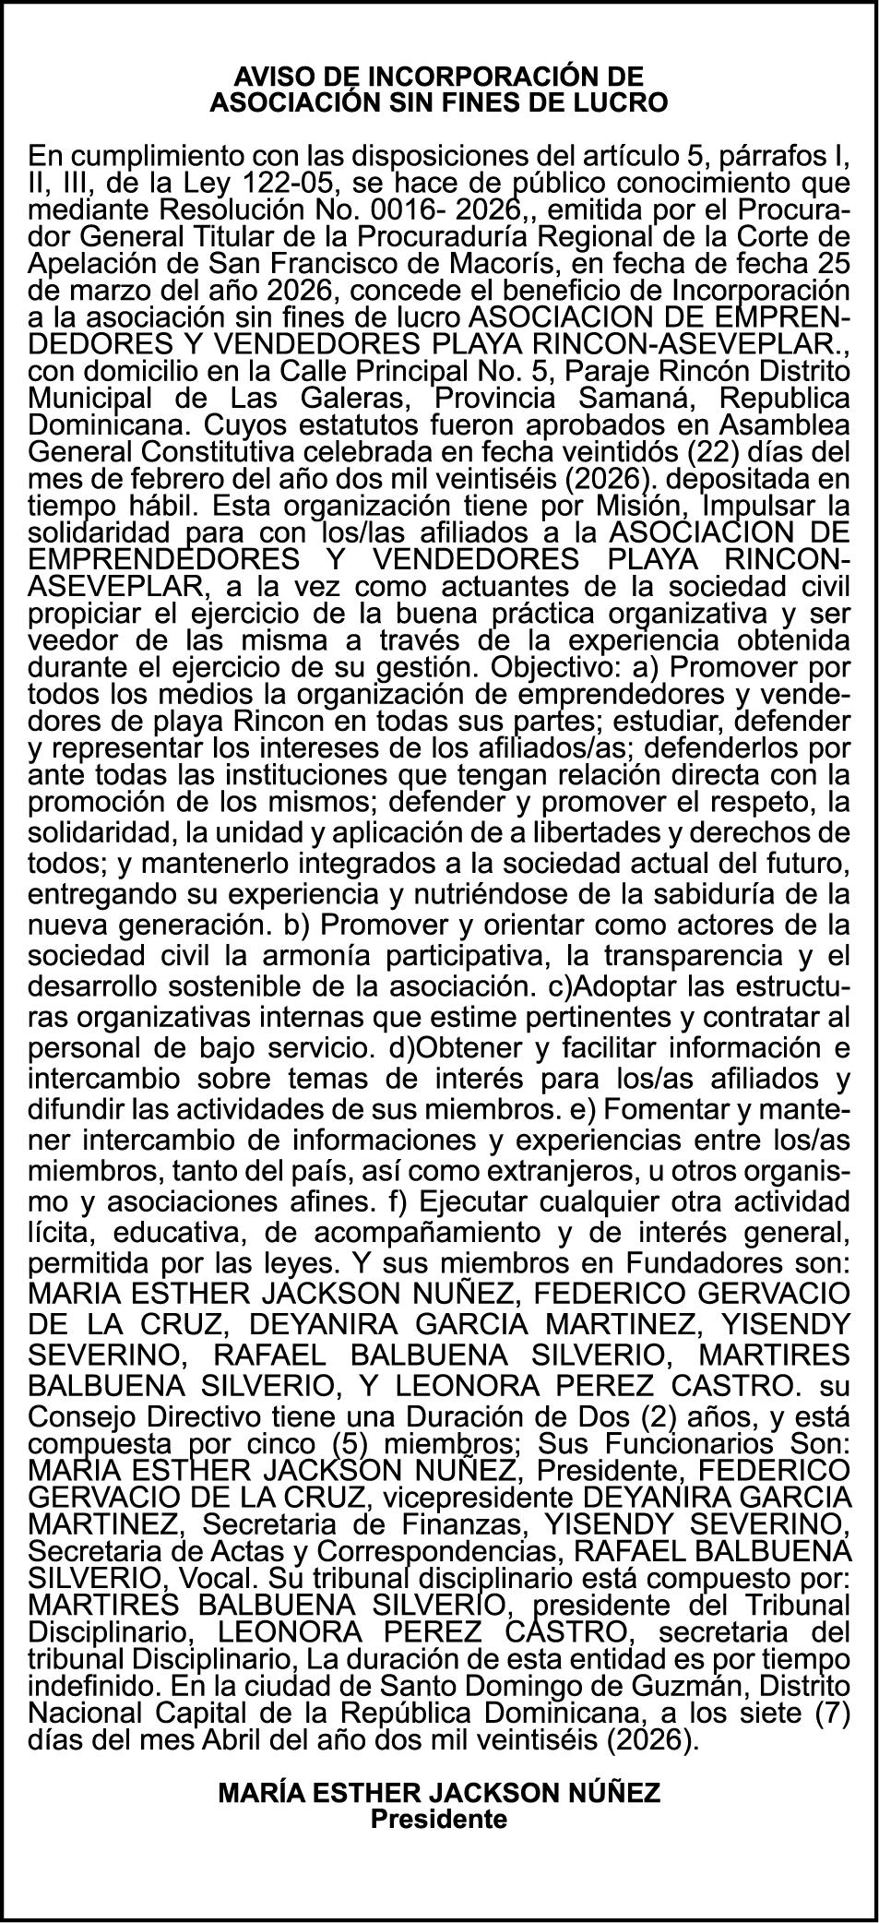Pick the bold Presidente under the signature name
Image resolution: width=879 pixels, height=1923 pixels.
439,1819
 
